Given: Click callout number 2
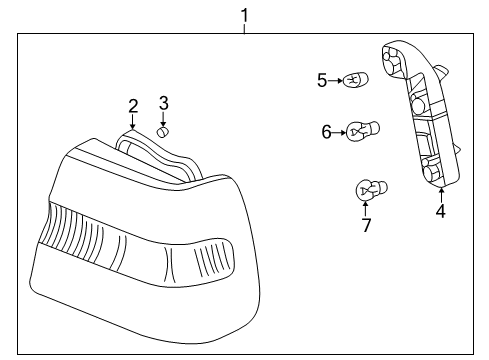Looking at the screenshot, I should pos(133,106).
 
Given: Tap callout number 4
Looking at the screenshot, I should pos(440,210).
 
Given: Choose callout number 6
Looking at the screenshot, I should pos(326,130).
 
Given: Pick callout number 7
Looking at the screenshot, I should pos(366,225).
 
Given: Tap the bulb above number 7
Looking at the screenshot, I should pos(371,188).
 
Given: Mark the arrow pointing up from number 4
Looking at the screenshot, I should pos(440,193).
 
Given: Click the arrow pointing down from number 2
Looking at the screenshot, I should pos(133,122).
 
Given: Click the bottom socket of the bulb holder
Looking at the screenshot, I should pos(435,172).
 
